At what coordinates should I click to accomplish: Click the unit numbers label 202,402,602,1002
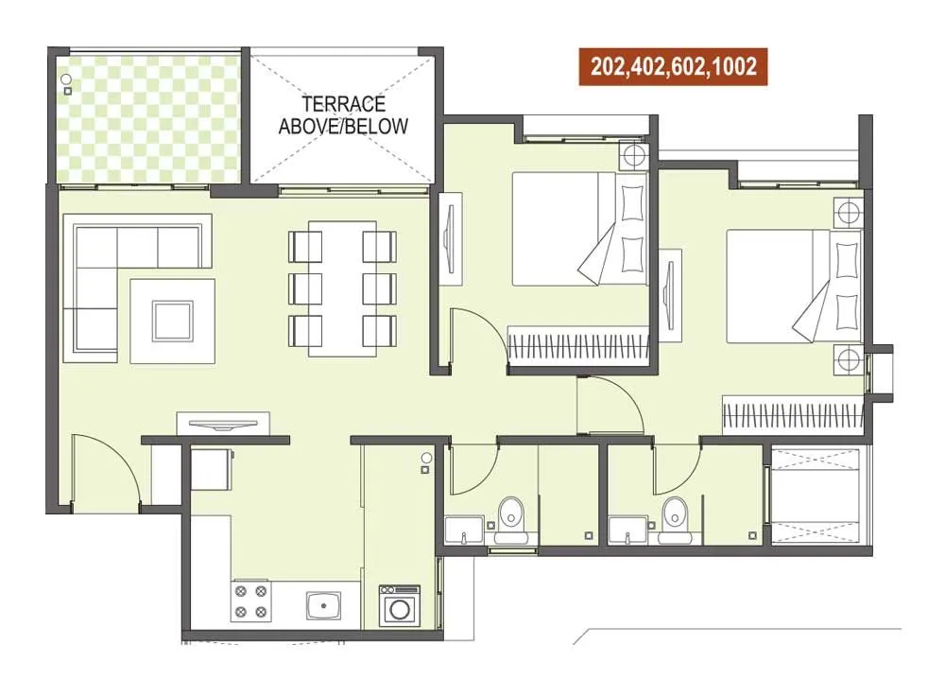[673, 67]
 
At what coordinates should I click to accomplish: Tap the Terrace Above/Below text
[343, 114]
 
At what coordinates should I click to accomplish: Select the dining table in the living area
[341, 287]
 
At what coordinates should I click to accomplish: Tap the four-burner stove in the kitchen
[251, 601]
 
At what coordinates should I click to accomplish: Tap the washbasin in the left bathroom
[463, 529]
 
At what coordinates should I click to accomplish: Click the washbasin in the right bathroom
[627, 529]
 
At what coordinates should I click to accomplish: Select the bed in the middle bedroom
[576, 228]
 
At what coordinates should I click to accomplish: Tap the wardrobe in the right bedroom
[792, 412]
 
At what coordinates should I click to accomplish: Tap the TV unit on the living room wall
[223, 422]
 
